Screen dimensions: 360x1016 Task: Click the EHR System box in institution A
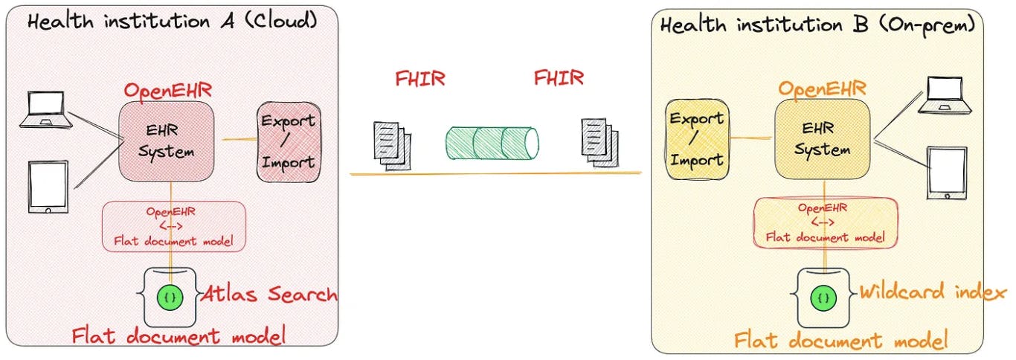pyautogui.click(x=167, y=141)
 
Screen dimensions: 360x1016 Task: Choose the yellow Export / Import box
pyautogui.click(x=696, y=139)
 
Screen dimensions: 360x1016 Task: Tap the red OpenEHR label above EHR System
pyautogui.click(x=167, y=91)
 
